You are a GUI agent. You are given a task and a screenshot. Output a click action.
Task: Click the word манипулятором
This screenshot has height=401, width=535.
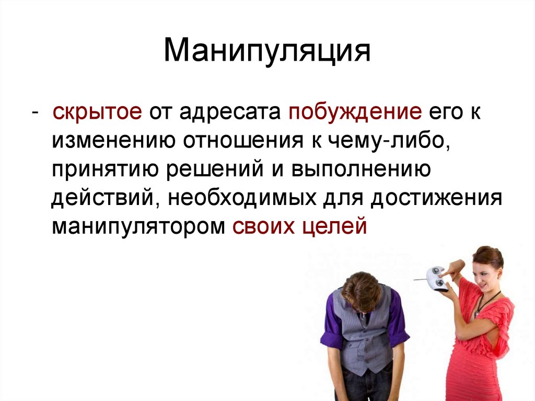point(135,228)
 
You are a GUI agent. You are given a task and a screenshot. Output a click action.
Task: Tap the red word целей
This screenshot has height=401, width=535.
point(334,228)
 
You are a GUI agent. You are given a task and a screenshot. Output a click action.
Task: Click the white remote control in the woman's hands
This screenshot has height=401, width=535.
point(436,278)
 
